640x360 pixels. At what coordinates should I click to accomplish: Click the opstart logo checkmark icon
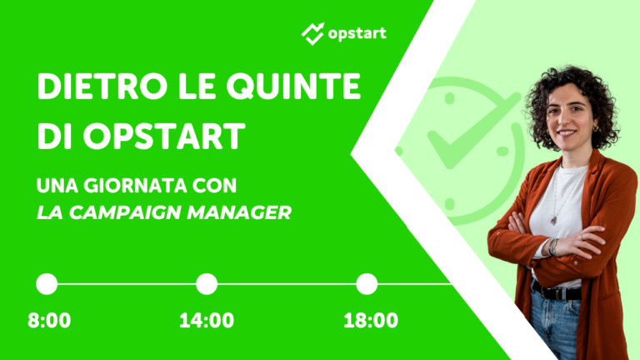[312, 33]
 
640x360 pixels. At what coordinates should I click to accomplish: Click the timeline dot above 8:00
[47, 284]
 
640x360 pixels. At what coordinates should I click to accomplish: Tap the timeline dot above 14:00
[207, 284]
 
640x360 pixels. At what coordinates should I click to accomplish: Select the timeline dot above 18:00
[367, 284]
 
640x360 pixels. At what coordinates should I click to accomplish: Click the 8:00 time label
[49, 321]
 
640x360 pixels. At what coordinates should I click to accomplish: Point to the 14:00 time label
[207, 321]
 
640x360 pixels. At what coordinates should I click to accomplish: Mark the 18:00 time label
[371, 321]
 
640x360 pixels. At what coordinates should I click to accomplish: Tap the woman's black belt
[557, 292]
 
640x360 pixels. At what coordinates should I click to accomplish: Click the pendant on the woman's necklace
[552, 220]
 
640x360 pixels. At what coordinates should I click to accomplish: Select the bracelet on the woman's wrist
[551, 247]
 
